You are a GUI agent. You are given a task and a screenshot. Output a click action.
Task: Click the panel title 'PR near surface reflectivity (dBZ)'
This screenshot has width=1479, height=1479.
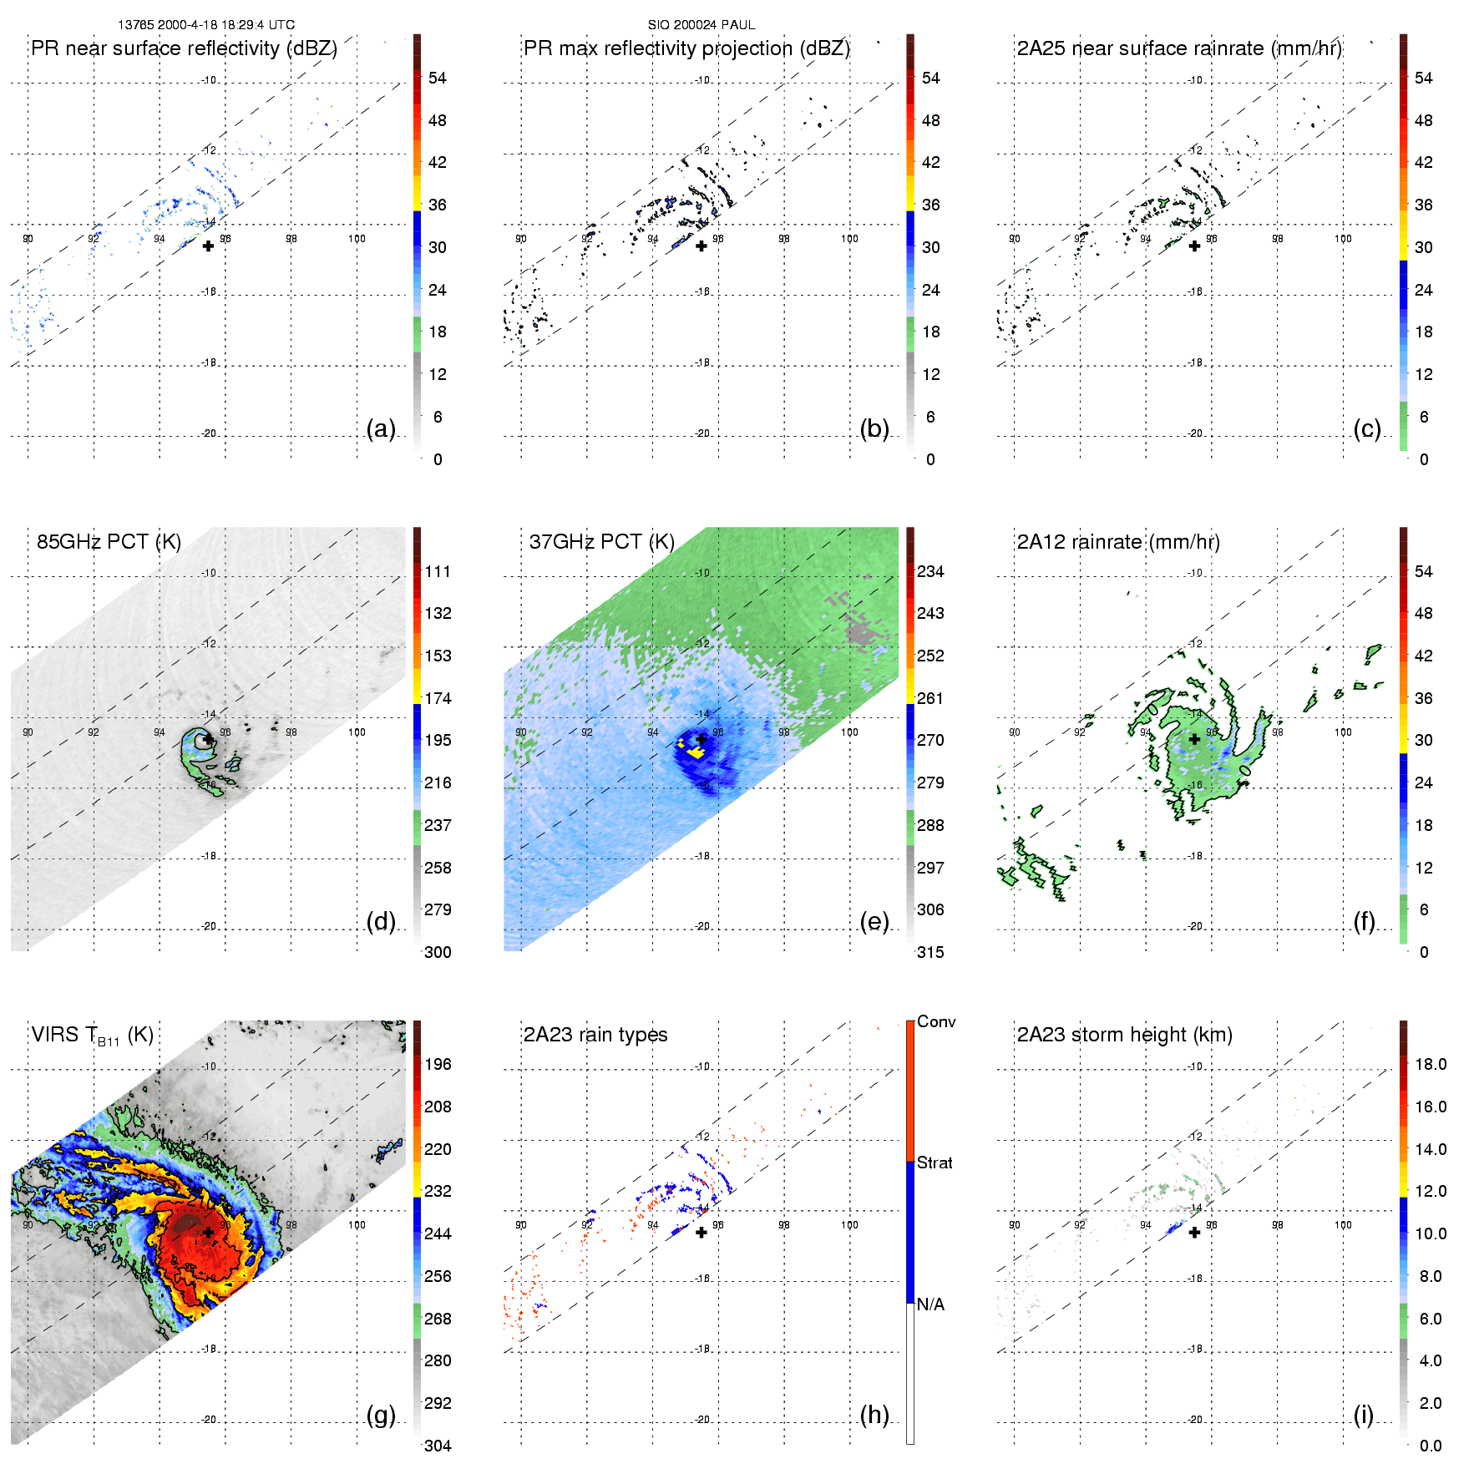point(184,48)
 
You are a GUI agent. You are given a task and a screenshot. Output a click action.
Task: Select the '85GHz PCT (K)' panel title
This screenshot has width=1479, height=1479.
point(109,542)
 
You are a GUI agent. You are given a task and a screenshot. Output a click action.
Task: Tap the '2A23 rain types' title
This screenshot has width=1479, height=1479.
point(595,1035)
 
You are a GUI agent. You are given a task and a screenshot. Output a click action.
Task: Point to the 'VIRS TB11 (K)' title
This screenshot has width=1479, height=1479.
point(92,1036)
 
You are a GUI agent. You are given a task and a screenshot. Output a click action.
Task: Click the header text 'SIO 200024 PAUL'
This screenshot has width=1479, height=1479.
point(702,25)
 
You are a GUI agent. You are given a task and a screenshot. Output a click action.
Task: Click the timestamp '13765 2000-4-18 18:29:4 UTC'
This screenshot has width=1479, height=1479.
point(206,25)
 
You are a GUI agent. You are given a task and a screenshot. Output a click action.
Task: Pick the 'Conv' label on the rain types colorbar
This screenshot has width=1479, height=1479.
point(936,1022)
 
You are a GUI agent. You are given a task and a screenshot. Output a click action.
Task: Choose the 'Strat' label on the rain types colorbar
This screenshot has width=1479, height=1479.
point(935,1163)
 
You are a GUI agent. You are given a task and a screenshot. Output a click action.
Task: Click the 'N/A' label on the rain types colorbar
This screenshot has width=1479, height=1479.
point(930,1304)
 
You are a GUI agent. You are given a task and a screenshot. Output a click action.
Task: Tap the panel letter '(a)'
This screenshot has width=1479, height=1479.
point(381,428)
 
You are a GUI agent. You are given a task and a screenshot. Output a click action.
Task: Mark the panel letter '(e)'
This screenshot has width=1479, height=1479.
point(874,921)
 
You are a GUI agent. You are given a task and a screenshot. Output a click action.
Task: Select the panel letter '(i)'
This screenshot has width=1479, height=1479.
point(1364,1415)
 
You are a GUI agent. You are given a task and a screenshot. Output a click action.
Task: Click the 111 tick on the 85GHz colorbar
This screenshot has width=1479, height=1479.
point(438,572)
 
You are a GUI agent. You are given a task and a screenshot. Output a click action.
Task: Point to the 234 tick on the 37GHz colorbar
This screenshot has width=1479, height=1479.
point(930,572)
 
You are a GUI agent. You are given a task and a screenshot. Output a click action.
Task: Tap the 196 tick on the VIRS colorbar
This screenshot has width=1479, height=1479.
point(438,1065)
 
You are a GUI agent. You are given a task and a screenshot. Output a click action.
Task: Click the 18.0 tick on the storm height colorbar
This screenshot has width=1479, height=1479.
point(1430,1065)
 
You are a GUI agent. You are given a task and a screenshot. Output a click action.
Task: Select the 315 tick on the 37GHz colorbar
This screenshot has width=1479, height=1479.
point(930,953)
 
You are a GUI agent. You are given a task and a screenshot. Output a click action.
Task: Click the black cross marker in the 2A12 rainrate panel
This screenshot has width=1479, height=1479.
point(1194,739)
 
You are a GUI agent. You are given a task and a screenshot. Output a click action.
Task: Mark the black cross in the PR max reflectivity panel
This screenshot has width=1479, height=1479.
point(702,246)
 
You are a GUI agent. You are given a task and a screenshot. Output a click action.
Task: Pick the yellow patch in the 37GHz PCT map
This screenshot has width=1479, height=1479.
point(695,752)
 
